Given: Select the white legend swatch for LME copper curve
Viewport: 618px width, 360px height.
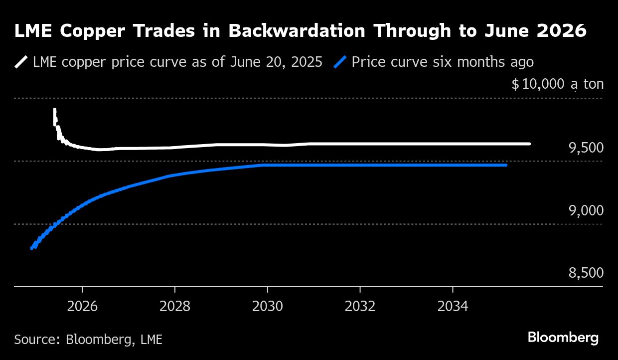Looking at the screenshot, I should click(x=21, y=62).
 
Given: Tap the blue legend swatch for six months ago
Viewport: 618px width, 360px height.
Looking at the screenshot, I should click(x=340, y=62).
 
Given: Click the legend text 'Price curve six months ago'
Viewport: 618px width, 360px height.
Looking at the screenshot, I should click(x=443, y=62).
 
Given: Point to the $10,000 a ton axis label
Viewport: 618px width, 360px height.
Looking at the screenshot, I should click(x=557, y=84).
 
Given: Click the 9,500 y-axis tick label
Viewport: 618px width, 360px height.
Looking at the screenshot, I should click(x=586, y=148).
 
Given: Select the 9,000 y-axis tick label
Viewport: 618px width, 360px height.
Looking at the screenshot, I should click(x=586, y=210).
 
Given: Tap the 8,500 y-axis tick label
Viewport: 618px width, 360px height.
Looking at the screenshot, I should click(x=586, y=273).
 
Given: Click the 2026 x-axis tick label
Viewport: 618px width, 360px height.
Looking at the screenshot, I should click(x=82, y=306).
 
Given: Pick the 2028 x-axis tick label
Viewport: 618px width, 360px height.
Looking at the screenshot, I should click(x=175, y=306).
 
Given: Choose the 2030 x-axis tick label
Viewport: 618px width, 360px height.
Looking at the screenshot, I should click(x=268, y=306).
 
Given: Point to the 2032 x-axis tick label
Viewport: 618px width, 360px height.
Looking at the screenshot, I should click(x=360, y=306).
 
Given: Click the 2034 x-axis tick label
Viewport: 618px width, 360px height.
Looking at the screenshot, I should click(x=453, y=306).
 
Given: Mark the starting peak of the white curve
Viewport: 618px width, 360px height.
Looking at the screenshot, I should click(x=54, y=109).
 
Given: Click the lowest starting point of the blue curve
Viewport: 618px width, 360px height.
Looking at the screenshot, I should click(x=32, y=248).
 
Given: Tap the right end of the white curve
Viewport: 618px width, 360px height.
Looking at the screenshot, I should click(x=529, y=144).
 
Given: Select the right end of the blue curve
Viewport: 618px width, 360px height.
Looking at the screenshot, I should click(x=506, y=165).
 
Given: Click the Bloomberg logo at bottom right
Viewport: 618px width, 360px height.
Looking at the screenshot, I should click(x=563, y=338).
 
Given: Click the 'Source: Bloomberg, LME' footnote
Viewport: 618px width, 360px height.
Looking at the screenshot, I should click(x=88, y=340).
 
